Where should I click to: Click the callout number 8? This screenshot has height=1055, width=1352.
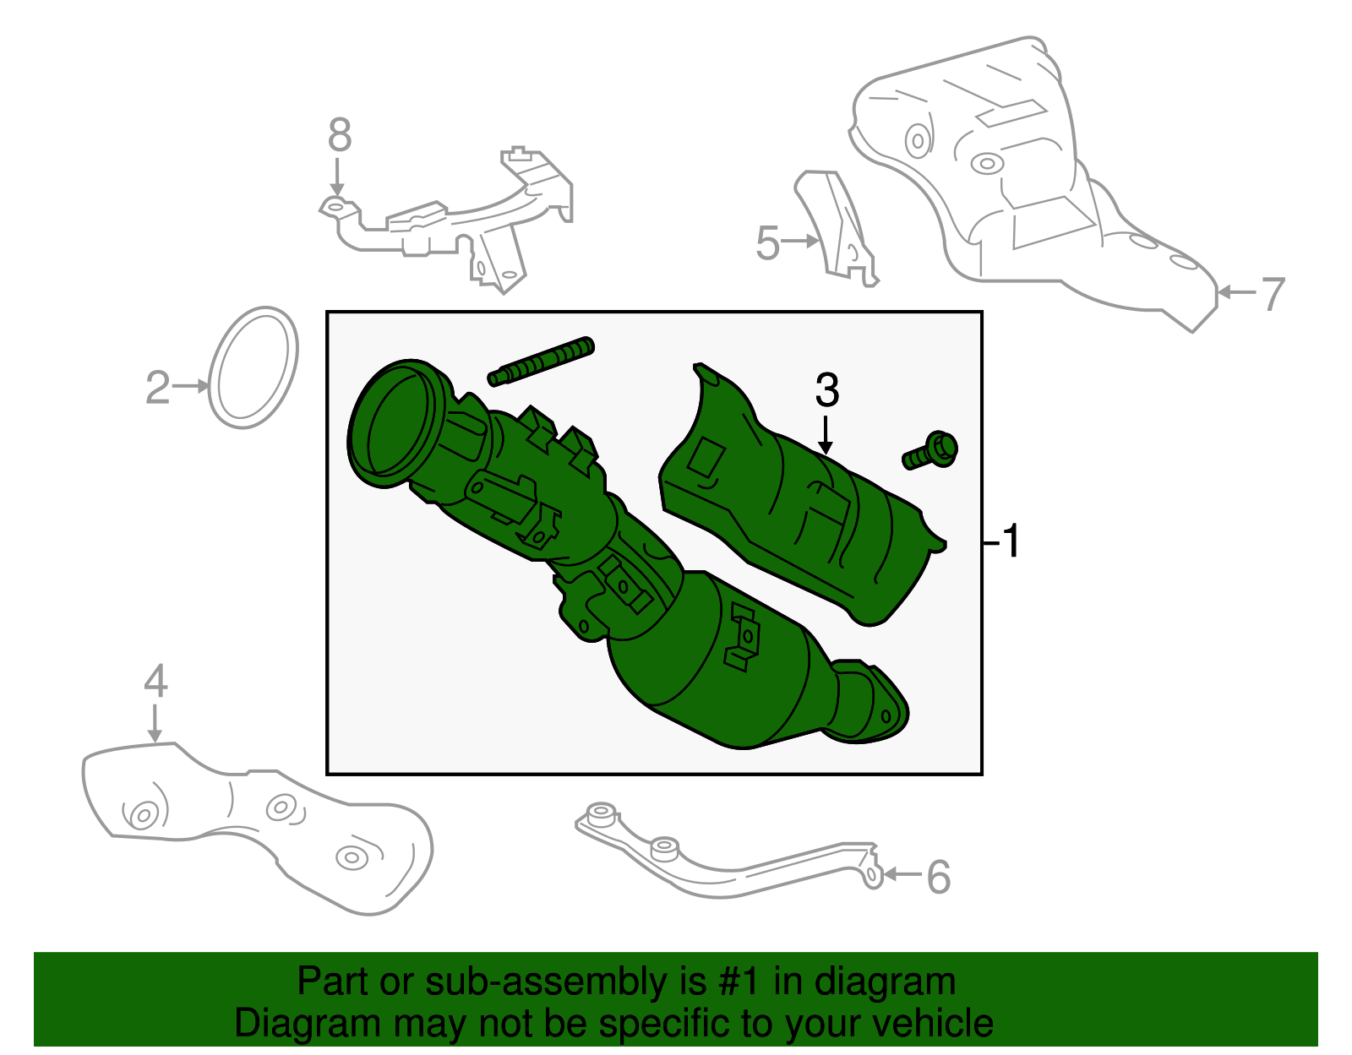point(339,135)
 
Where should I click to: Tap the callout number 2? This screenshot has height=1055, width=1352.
point(157,388)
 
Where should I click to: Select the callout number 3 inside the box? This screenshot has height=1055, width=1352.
point(826,390)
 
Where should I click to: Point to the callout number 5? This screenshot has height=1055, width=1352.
point(767,243)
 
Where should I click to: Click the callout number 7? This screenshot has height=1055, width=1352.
point(1273,294)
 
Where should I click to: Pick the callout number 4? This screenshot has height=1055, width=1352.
point(155,681)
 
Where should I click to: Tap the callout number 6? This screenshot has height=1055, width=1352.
point(939,877)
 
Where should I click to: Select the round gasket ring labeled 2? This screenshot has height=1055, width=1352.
point(253,367)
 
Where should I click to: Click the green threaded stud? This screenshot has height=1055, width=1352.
point(541,362)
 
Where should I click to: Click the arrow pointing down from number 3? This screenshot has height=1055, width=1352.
point(826,435)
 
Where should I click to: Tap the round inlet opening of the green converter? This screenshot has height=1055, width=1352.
point(391,425)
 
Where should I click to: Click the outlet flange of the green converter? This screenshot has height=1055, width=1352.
point(875,710)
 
